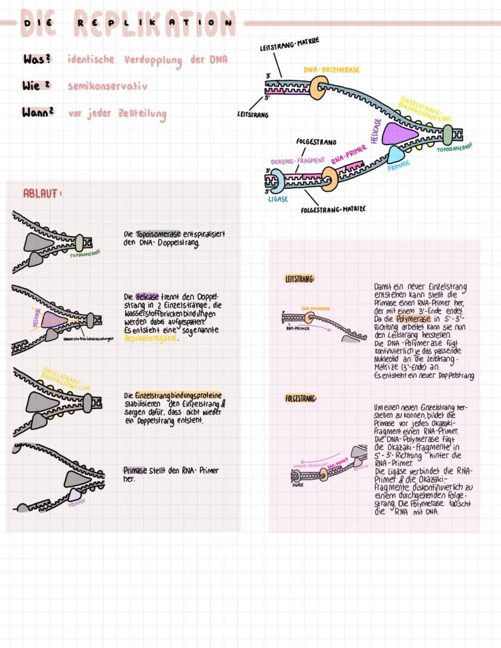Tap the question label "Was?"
point(37,60)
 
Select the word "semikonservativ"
point(107,87)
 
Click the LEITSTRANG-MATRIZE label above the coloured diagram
point(289,44)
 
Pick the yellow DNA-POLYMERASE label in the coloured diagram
point(331,70)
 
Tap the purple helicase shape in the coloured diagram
point(403,133)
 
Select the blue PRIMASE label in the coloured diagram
point(399,164)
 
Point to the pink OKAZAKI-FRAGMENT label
point(298,161)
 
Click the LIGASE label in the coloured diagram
point(278,199)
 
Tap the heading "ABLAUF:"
point(42,194)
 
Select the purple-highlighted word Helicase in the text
point(147,297)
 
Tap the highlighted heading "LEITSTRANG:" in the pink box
point(300,279)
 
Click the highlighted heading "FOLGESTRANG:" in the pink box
point(301,399)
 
